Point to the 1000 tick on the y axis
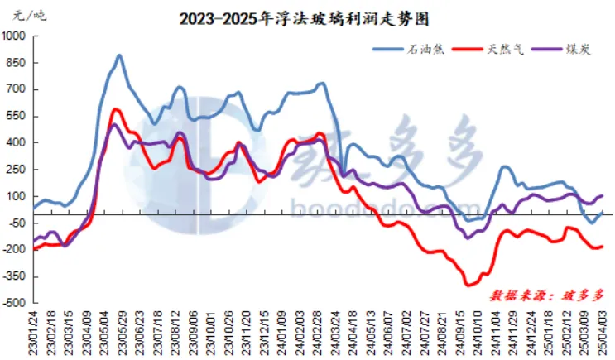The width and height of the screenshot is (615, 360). click(14, 36)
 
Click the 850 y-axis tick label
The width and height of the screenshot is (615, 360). click(17, 63)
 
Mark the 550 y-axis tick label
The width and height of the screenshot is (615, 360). click(17, 116)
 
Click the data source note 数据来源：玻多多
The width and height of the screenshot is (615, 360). click(548, 294)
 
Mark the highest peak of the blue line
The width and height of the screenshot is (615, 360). click(119, 56)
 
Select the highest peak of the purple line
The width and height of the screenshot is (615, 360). click(113, 125)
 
